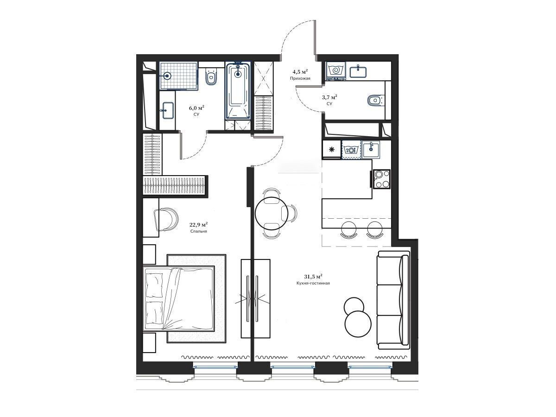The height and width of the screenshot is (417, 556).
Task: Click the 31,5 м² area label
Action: click(313, 276)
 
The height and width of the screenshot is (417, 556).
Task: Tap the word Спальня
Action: click(199, 231)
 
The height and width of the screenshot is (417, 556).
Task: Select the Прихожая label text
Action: click(300, 78)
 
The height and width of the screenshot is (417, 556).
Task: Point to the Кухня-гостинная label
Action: click(313, 283)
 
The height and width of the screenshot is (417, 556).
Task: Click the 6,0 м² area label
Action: click(196, 108)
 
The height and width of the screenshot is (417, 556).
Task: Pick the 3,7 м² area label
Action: click(329, 97)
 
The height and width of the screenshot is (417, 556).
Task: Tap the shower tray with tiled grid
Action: click(178, 76)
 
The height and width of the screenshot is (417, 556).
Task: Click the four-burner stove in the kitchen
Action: click(382, 179)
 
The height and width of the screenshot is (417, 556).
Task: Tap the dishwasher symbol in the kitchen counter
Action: click(351, 150)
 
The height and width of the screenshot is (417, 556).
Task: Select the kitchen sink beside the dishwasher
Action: click(371, 150)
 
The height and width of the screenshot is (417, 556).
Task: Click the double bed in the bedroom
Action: click(179, 298)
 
